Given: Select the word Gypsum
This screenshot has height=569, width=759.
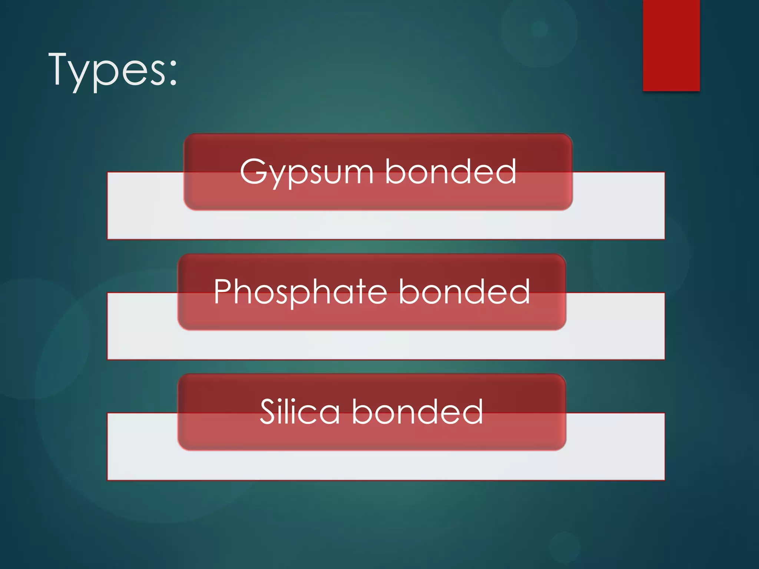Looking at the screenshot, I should pos(306,172).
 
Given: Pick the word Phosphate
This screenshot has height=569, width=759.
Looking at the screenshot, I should pos(300,293).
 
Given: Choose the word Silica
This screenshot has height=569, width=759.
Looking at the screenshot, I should pos(299,412).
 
